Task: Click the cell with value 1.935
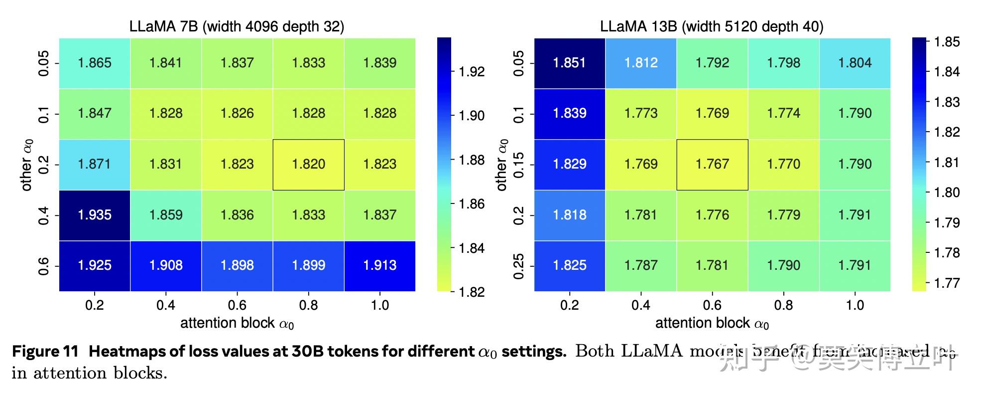click(95, 215)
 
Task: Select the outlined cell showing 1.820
click(308, 164)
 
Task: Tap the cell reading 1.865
click(95, 63)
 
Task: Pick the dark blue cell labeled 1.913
click(379, 265)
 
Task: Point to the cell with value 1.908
click(166, 265)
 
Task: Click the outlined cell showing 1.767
click(712, 164)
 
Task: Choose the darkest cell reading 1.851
click(570, 63)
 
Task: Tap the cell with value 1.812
click(641, 63)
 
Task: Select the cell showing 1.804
click(855, 63)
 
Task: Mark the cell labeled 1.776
click(712, 215)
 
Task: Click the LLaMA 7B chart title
click(237, 26)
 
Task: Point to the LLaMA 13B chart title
click(712, 26)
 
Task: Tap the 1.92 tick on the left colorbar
click(471, 72)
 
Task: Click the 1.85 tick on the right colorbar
click(946, 42)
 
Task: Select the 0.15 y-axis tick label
click(518, 165)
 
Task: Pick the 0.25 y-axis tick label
click(518, 266)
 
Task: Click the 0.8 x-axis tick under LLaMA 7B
click(308, 305)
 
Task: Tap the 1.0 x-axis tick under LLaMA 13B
click(855, 305)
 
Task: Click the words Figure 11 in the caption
click(45, 352)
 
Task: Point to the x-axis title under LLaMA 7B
click(237, 323)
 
